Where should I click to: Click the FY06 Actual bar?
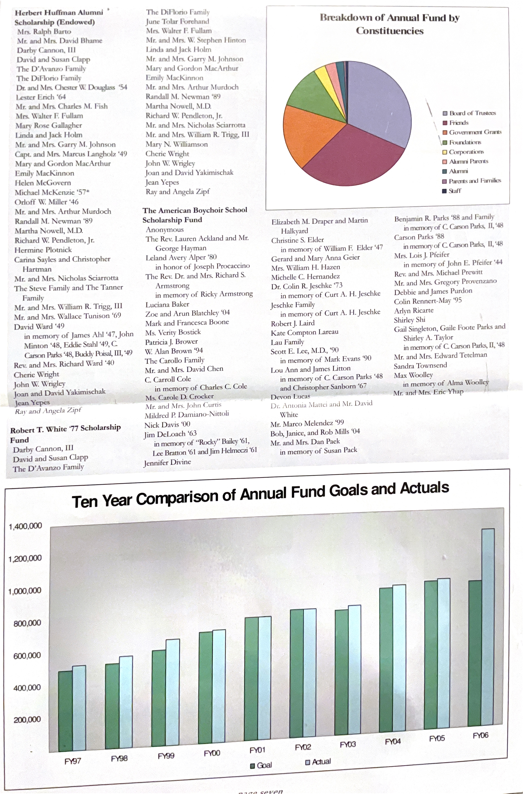[488, 627]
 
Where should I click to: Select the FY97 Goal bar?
[65, 711]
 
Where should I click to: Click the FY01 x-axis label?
[257, 750]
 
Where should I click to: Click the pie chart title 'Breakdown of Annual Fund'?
[390, 24]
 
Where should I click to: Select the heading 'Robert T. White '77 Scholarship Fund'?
[65, 434]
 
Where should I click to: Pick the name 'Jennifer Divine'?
[168, 462]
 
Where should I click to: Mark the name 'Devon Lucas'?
[290, 397]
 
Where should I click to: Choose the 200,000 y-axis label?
[27, 719]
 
